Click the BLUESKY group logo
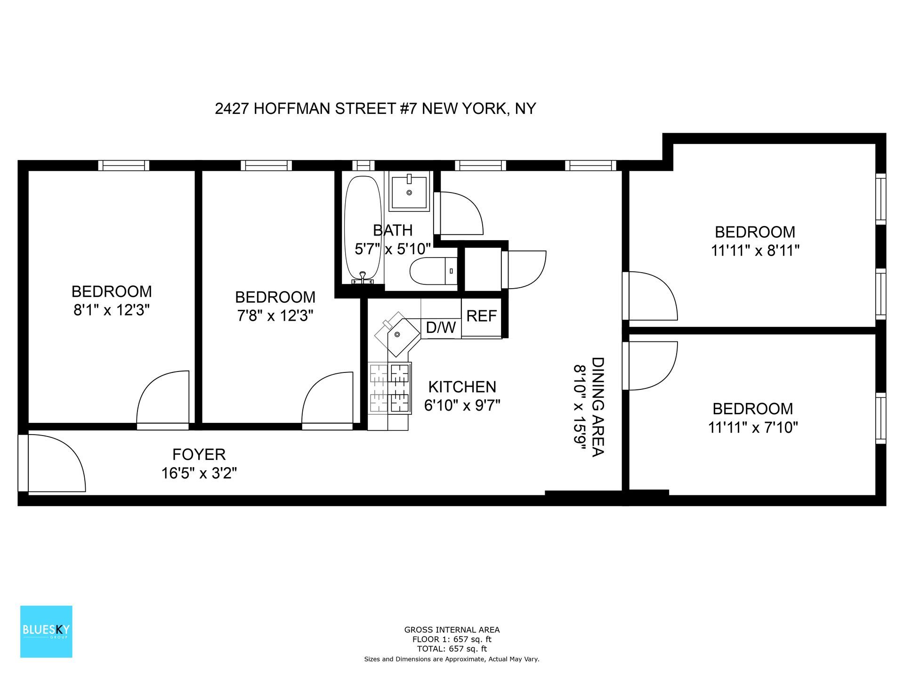point(46,631)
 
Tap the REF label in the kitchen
point(481,315)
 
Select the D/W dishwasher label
point(441,328)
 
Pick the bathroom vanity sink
point(409,192)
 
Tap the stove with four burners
point(390,388)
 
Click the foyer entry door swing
point(54,464)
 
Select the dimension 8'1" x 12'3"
point(112,310)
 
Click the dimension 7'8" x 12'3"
point(275,315)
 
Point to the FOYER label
point(199,454)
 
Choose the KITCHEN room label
point(462,387)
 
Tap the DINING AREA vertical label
point(597,407)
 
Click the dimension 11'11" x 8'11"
point(755,250)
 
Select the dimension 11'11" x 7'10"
point(752,427)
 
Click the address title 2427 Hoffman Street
point(375,109)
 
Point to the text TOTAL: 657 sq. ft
point(452,649)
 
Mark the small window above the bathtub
point(363,165)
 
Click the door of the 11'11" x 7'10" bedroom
point(652,366)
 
